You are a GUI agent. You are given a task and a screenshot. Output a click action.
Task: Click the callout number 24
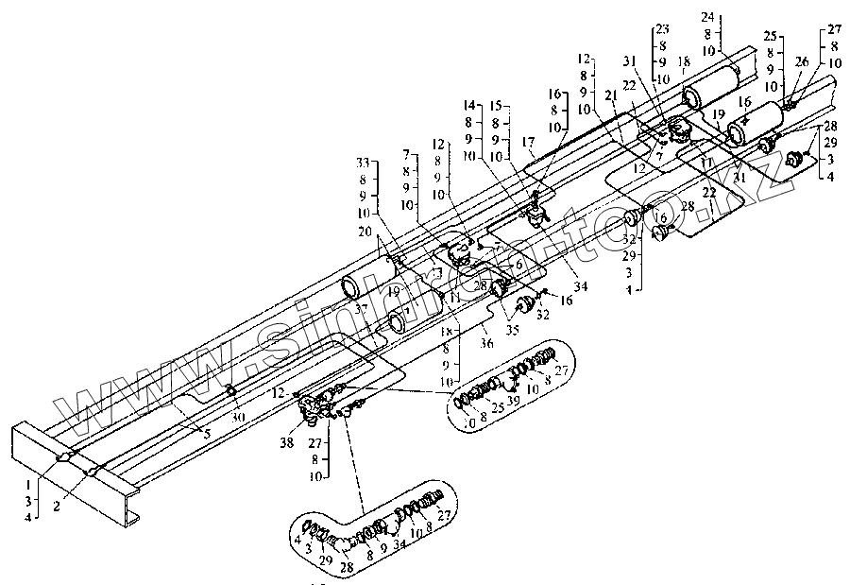[708, 17]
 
